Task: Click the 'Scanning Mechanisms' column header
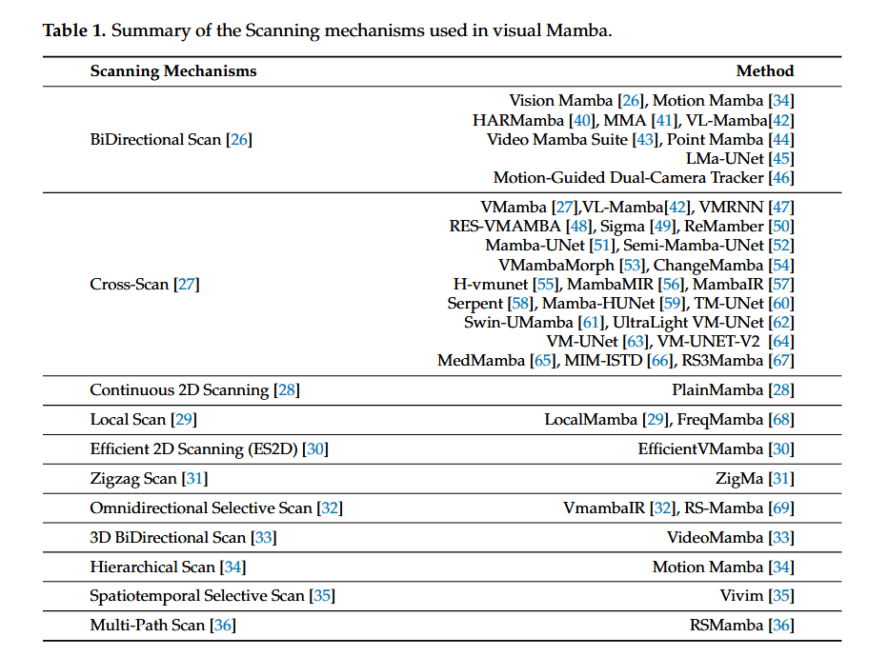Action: (x=173, y=71)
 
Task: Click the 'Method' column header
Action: (x=764, y=71)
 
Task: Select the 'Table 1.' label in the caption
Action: (x=74, y=30)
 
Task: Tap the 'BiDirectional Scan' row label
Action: (x=155, y=140)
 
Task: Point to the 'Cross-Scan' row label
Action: (x=130, y=284)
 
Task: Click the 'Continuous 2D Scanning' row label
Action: (x=179, y=390)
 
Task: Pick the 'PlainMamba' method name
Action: (x=717, y=390)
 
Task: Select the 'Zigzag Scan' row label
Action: (x=133, y=479)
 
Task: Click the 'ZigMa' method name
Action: (x=739, y=479)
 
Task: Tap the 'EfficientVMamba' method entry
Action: (x=700, y=449)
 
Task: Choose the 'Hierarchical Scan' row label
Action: (x=152, y=567)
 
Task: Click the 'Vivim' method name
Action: (x=741, y=596)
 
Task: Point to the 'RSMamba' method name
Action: (x=726, y=626)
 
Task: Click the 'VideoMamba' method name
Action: (x=715, y=538)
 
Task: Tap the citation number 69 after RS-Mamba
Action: (x=781, y=508)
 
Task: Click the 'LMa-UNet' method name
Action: (x=724, y=159)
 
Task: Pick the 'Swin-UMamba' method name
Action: (x=518, y=323)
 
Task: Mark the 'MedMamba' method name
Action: (x=481, y=361)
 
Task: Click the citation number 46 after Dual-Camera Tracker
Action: (x=781, y=178)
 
